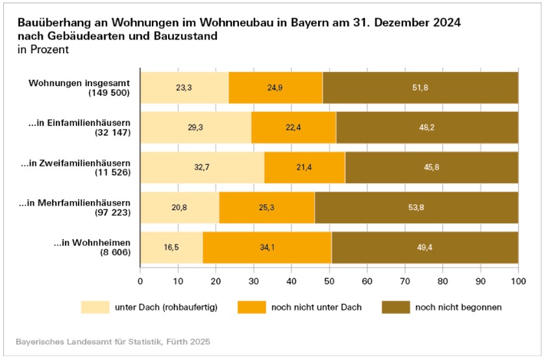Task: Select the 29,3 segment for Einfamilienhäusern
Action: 195,127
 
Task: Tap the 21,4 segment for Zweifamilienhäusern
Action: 304,167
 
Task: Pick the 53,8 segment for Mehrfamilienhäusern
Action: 416,208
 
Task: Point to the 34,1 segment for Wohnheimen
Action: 267,248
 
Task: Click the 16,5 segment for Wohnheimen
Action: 171,248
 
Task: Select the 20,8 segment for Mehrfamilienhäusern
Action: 180,208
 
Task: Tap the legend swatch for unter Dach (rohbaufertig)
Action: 95,307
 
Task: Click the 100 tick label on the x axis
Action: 518,281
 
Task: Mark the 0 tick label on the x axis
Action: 140,281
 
